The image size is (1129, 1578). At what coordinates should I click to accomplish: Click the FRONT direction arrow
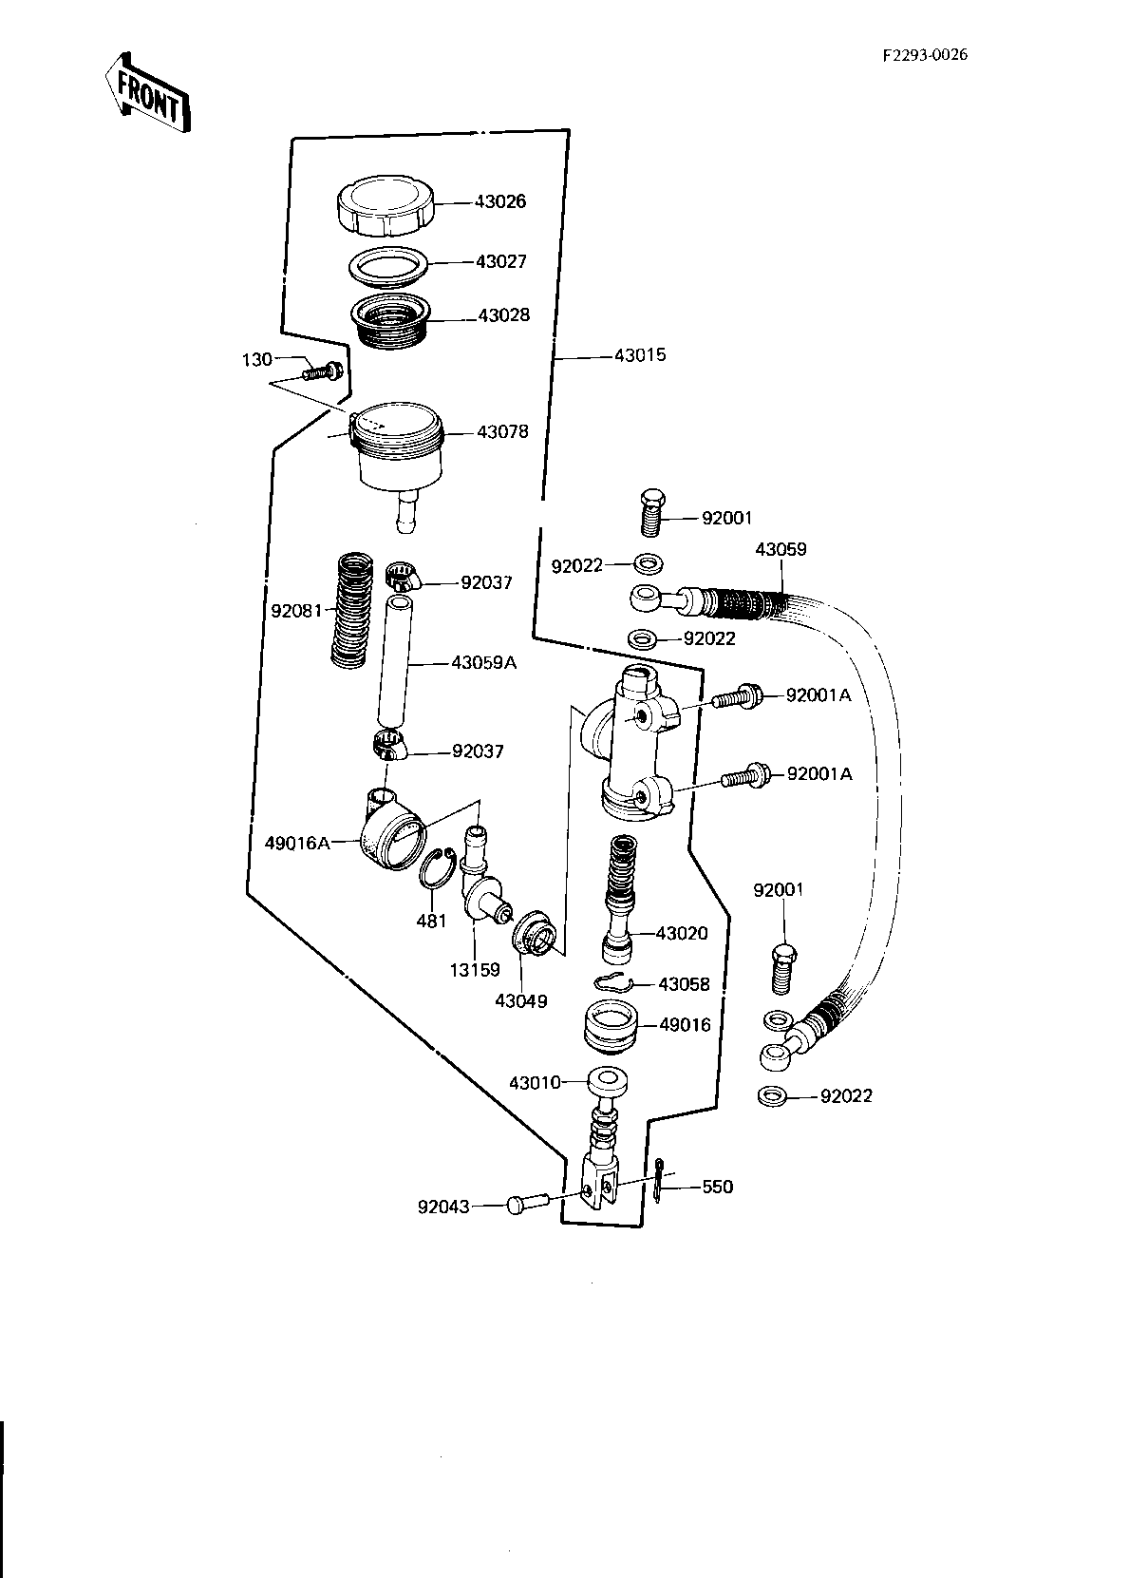point(147,92)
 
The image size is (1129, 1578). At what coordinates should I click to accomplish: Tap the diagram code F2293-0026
point(925,54)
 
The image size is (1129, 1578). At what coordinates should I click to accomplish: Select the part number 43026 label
point(500,201)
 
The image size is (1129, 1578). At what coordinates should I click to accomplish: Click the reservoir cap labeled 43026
point(385,205)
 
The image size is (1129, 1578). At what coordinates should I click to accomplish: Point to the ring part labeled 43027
point(388,266)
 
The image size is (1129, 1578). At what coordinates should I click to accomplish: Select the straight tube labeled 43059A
point(394,661)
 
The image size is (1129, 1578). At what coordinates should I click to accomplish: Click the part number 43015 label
point(639,355)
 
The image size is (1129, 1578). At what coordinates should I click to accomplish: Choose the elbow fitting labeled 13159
point(482,876)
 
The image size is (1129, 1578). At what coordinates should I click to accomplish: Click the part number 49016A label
point(297,843)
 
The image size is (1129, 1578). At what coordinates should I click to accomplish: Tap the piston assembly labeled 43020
point(620,900)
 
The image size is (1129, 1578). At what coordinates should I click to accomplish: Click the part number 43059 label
point(781,549)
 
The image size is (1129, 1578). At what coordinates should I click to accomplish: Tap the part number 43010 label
point(535,1082)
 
